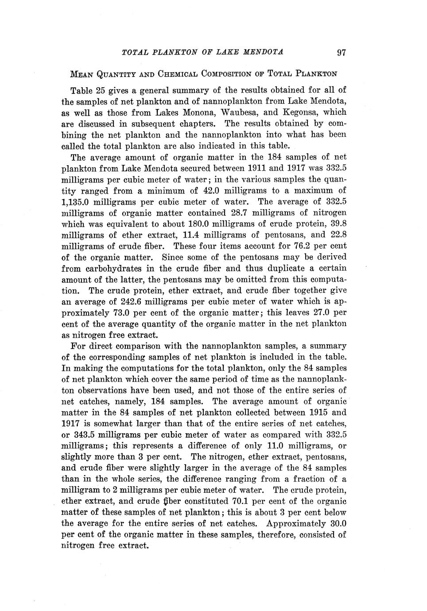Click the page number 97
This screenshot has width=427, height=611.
click(x=341, y=53)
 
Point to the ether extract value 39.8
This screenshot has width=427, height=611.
click(x=338, y=224)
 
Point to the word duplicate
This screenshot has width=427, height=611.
click(x=272, y=269)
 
